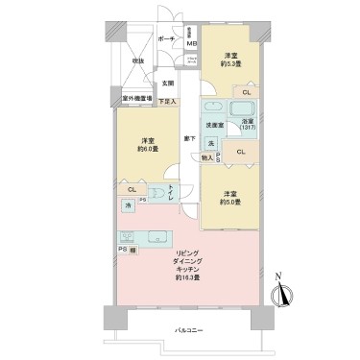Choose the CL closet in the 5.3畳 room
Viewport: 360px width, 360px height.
(x=247, y=91)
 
